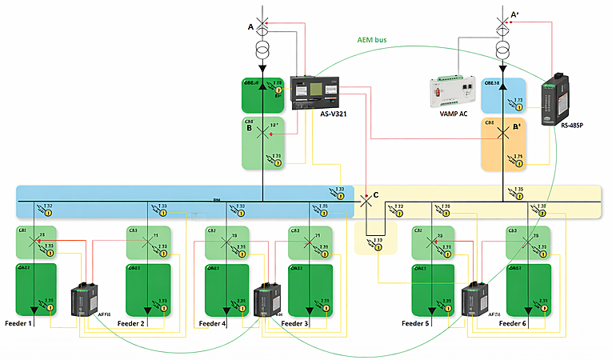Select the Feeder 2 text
tap(130, 323)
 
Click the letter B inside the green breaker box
tap(250, 127)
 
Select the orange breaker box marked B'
tap(502, 144)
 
